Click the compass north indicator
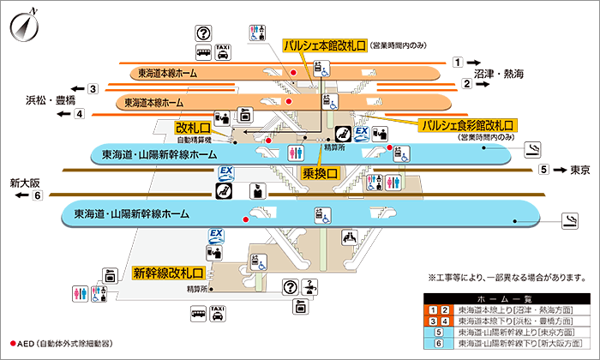pyautogui.click(x=23, y=27)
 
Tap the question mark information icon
pyautogui.click(x=203, y=33)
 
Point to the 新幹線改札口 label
pyautogui.click(x=167, y=273)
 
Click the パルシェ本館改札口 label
pyautogui.click(x=325, y=45)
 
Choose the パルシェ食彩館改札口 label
pyautogui.click(x=466, y=125)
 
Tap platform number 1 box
pyautogui.click(x=459, y=62)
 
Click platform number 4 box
pyautogui.click(x=79, y=113)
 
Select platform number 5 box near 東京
pyautogui.click(x=543, y=170)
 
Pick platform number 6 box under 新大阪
pyautogui.click(x=37, y=196)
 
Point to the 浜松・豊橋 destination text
pyautogui.click(x=45, y=100)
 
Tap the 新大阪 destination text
pyautogui.click(x=26, y=183)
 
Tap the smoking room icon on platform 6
pyautogui.click(x=568, y=223)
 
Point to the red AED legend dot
pyautogui.click(x=13, y=343)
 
